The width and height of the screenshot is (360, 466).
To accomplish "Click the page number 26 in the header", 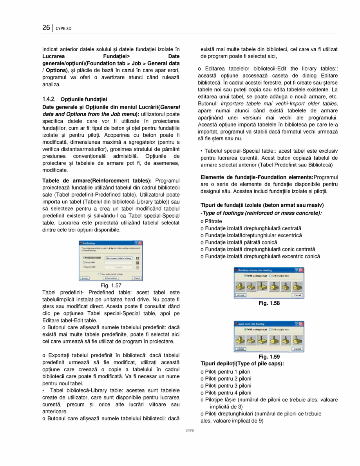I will [46, 28].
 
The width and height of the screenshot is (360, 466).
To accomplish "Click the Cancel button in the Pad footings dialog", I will [137, 278].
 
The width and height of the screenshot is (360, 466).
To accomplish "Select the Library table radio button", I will [83, 262].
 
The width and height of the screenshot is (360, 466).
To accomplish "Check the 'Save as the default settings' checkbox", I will [100, 274].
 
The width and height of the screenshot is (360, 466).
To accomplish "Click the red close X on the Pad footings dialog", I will [140, 243].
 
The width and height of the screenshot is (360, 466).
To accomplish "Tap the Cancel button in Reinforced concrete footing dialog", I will [297, 295].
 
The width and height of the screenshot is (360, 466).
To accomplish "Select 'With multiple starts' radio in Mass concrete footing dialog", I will [270, 330].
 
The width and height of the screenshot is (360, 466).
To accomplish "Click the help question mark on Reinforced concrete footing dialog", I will [296, 270].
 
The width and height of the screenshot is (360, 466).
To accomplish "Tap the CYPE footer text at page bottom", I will [190, 430].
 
